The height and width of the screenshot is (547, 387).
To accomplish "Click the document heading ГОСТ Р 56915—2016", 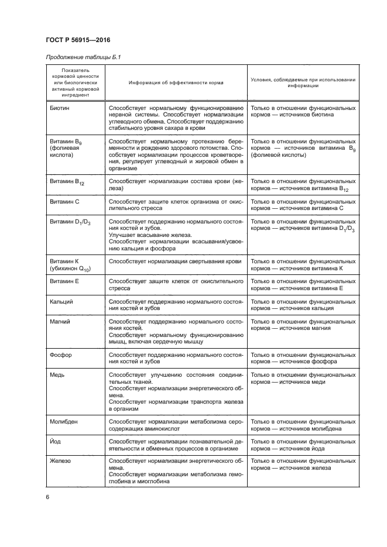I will click(78, 39).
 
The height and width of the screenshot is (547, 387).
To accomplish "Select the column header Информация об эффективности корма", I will click(176, 83).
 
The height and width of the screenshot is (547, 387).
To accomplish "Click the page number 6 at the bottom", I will click(47, 497).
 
